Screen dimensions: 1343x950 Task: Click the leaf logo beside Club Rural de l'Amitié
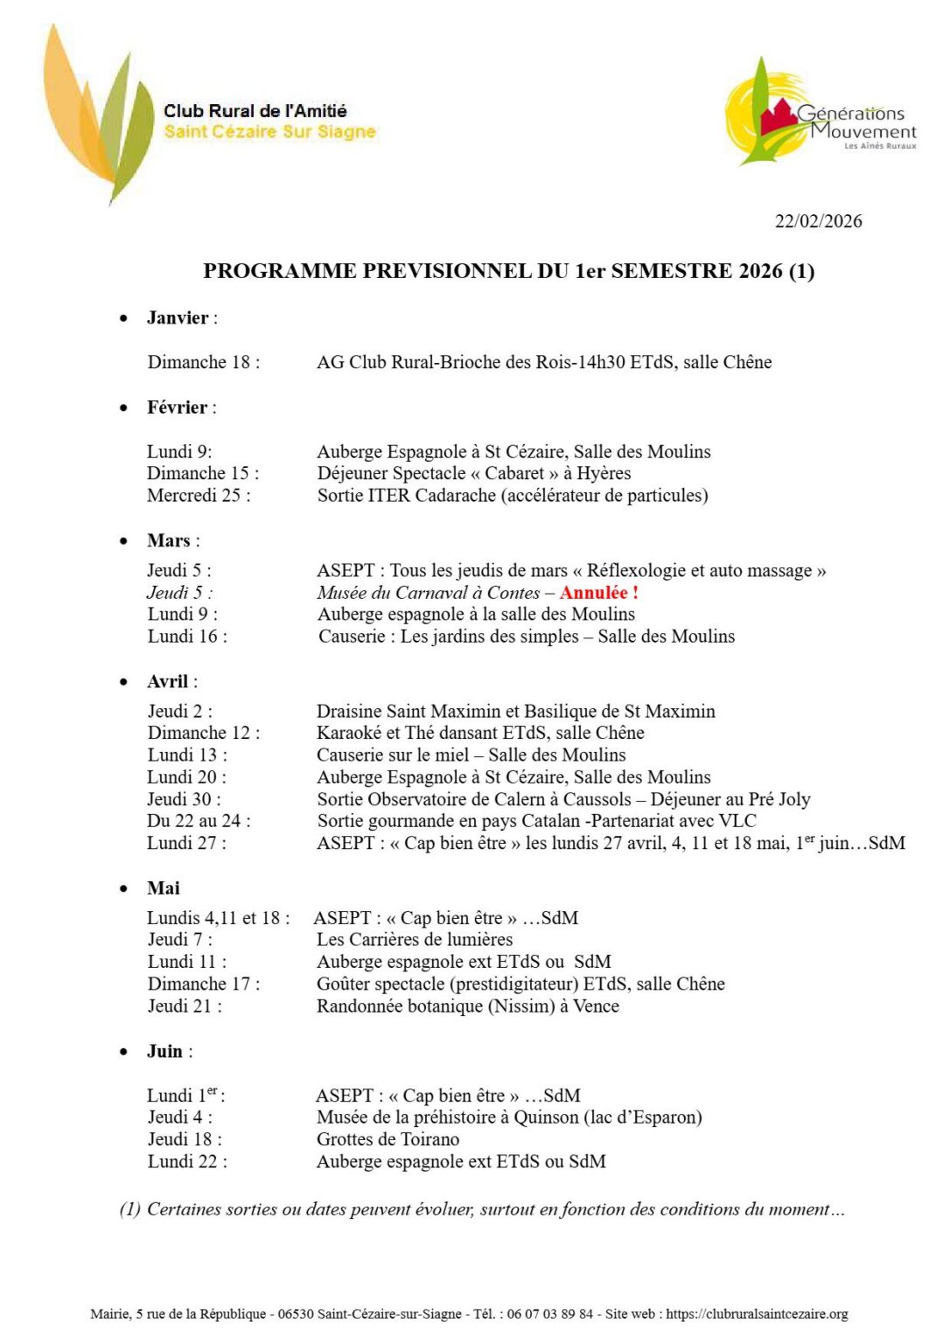click(x=97, y=114)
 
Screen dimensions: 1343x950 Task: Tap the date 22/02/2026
click(x=818, y=221)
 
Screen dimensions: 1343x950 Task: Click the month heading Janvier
click(x=178, y=318)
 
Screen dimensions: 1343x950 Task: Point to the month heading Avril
click(x=168, y=682)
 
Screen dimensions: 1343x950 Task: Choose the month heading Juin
click(x=164, y=1051)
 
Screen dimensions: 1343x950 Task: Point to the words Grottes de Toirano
click(x=388, y=1139)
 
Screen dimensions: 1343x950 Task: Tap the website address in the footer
click(x=757, y=1314)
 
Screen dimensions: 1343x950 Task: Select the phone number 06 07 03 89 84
click(x=549, y=1314)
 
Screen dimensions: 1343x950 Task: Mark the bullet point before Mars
click(x=123, y=541)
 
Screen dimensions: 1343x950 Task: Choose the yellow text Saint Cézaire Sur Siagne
click(x=269, y=132)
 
